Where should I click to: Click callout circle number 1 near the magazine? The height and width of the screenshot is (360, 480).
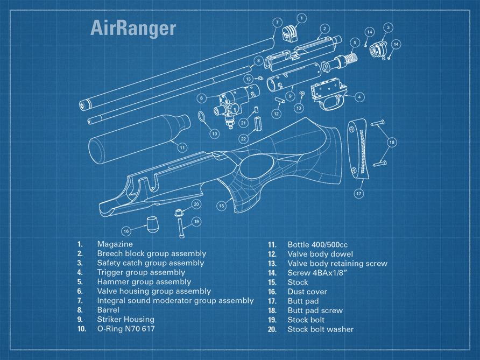(x=301, y=18)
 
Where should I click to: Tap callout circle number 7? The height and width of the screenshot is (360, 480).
(x=277, y=22)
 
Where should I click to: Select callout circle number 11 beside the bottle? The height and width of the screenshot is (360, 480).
(x=182, y=146)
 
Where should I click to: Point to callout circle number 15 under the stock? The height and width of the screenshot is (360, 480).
(x=221, y=206)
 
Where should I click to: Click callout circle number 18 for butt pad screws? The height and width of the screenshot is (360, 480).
(x=392, y=142)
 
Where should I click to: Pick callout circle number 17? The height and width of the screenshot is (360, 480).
(x=358, y=193)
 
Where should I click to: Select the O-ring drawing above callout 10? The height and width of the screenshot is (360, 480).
(x=201, y=117)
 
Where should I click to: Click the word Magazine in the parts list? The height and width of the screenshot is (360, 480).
(x=115, y=244)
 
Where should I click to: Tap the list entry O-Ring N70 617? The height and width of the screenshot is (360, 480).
(x=125, y=329)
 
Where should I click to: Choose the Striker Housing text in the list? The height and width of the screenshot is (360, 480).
(x=125, y=319)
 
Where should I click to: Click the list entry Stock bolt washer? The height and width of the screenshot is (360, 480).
(x=320, y=329)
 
